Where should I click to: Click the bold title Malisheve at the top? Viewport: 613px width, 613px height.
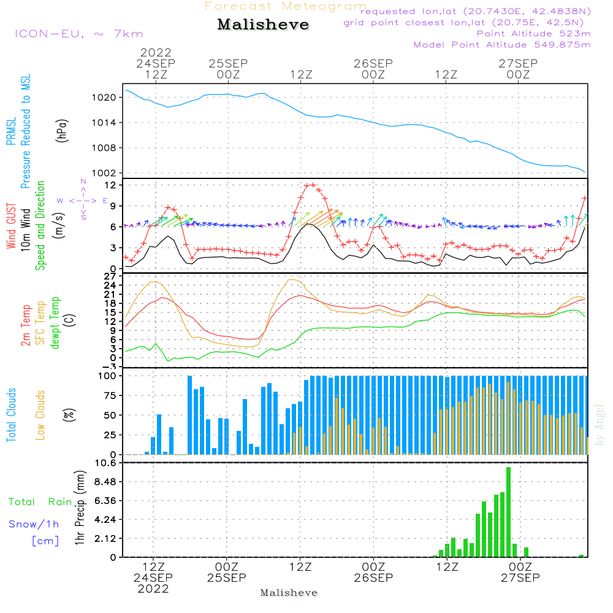pos(264,25)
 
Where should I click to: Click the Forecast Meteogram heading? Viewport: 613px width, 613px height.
pos(286,6)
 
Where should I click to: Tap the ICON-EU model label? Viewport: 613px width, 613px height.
pos(78,34)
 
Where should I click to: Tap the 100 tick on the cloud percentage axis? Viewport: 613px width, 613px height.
pos(108,376)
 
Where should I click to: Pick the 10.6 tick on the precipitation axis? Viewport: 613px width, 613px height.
pos(106,463)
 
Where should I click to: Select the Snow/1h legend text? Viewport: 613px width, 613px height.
pos(34,524)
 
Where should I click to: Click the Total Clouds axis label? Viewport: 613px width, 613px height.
pos(12,415)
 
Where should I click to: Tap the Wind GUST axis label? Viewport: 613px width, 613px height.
pos(12,227)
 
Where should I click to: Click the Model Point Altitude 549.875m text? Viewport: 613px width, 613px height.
pos(502,45)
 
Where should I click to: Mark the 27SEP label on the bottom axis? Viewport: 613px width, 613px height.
pos(520,578)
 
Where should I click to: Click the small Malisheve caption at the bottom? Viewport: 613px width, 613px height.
pos(289,593)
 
